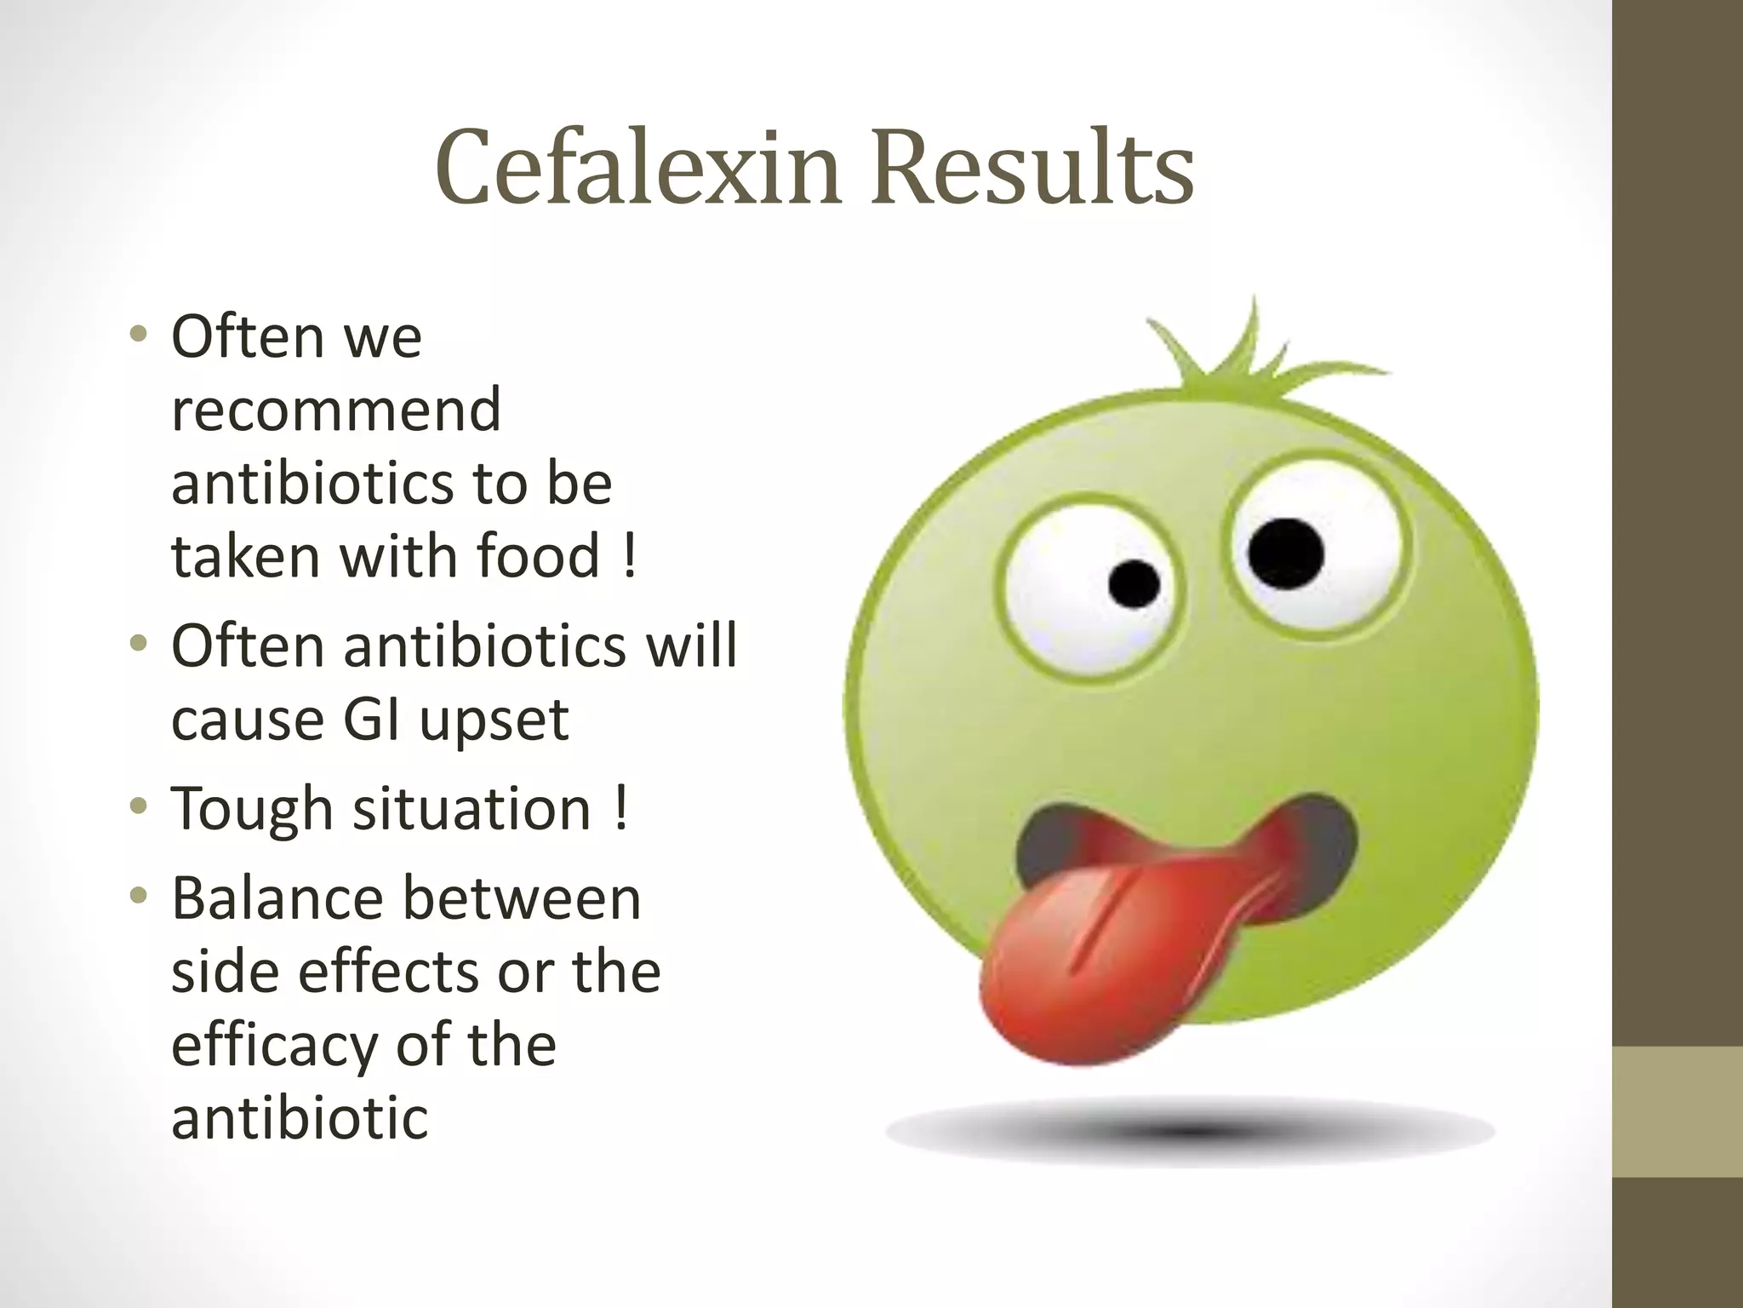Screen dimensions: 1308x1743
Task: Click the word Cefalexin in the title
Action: pos(638,169)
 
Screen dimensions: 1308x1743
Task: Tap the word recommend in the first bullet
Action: pos(336,410)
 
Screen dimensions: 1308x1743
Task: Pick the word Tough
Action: pos(251,809)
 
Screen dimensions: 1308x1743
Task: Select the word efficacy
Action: pos(273,1047)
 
